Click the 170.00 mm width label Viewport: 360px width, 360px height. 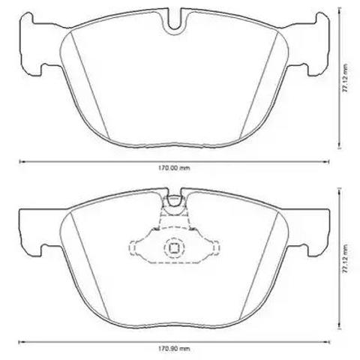[x=174, y=168]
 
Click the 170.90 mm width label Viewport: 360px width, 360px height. [x=174, y=348]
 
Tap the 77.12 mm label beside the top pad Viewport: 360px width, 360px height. [x=345, y=79]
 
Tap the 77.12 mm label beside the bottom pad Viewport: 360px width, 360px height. [x=345, y=259]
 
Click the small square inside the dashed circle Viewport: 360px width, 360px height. [x=174, y=247]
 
